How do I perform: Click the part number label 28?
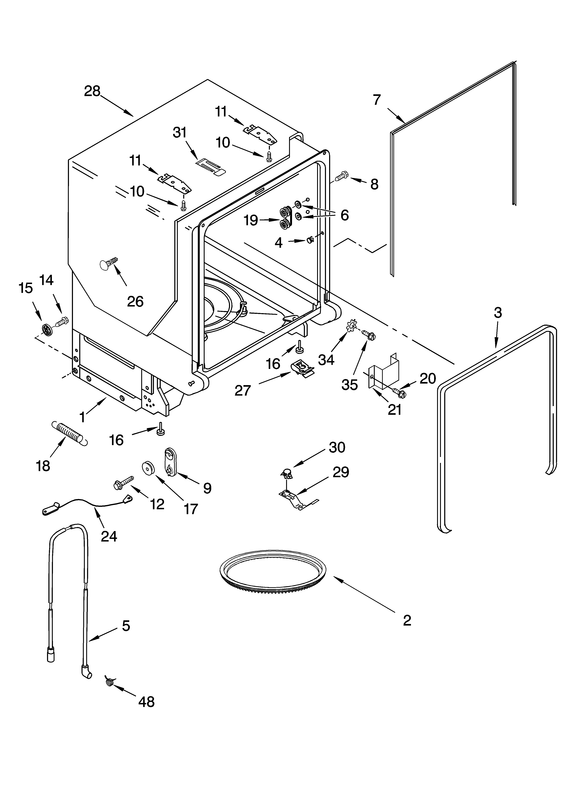point(92,91)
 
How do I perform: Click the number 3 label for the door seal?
point(498,313)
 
